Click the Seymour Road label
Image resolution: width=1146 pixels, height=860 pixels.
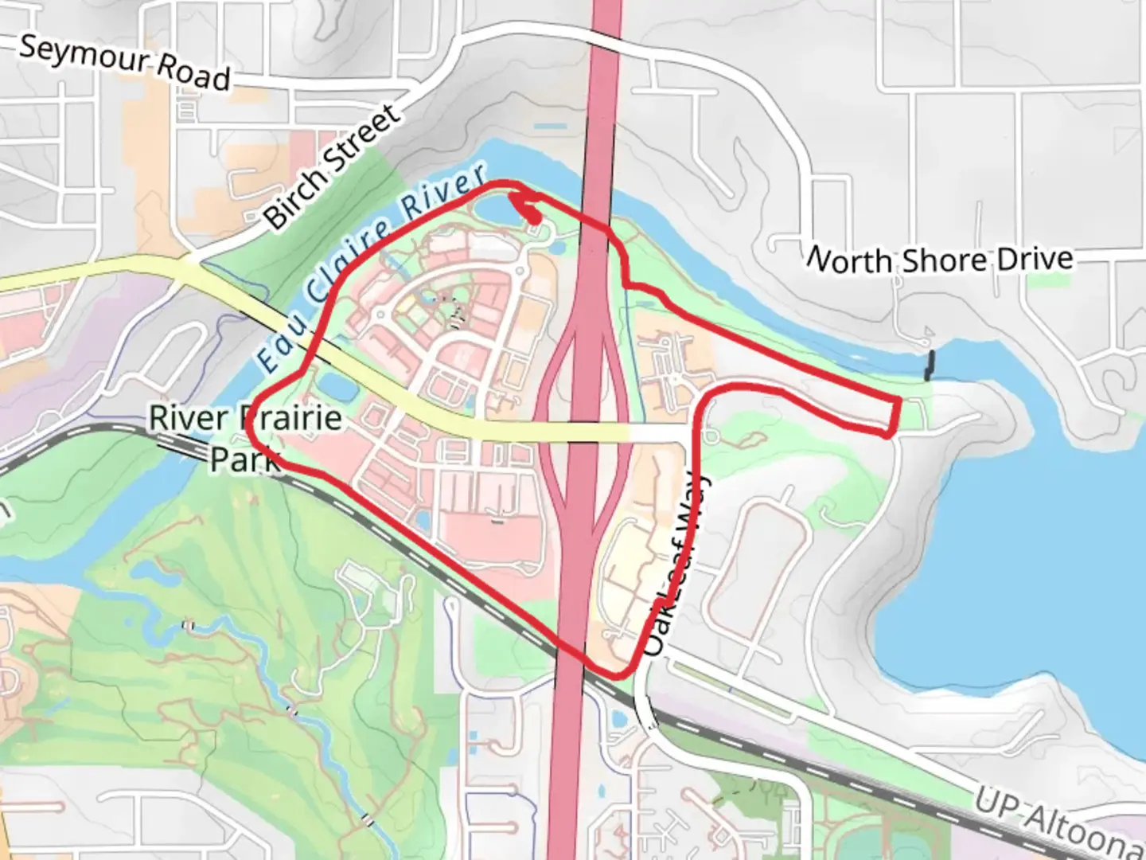[125, 61]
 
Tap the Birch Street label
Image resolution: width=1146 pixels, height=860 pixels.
[332, 167]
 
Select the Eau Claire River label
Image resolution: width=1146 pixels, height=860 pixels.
[371, 265]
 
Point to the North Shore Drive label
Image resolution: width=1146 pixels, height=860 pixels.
[940, 260]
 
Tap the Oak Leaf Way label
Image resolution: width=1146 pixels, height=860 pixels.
[676, 567]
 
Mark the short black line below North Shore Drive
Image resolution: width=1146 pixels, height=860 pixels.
[929, 365]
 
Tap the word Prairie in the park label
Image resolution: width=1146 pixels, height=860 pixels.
[294, 418]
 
